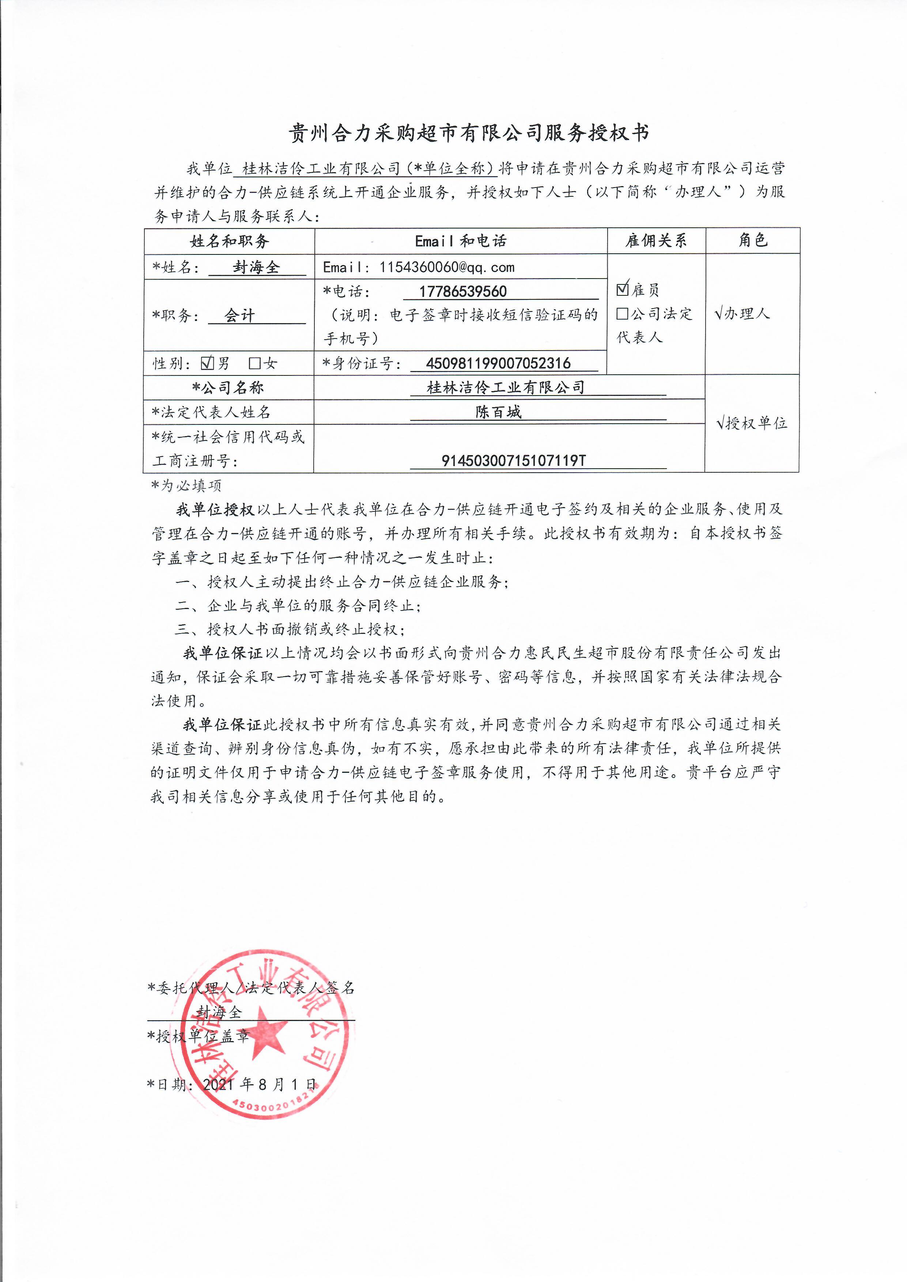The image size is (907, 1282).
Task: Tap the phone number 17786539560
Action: pyautogui.click(x=463, y=291)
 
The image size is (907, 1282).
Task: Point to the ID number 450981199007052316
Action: pyautogui.click(x=498, y=363)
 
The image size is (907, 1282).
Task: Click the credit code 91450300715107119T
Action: pyautogui.click(x=514, y=461)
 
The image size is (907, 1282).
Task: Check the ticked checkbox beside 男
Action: pyautogui.click(x=207, y=363)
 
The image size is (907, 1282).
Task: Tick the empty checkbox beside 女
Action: pyautogui.click(x=255, y=363)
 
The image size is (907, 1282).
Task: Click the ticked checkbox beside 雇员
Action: pyautogui.click(x=623, y=289)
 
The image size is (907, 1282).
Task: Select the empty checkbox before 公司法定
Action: pyautogui.click(x=622, y=314)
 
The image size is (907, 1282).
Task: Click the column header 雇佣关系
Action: pyautogui.click(x=656, y=241)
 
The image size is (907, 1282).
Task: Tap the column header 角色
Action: pyautogui.click(x=752, y=240)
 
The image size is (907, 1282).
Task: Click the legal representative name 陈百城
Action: pyautogui.click(x=498, y=412)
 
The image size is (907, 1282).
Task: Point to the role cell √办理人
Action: pyautogui.click(x=742, y=314)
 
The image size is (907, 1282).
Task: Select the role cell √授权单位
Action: pyautogui.click(x=752, y=423)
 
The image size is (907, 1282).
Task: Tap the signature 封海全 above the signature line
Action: pyautogui.click(x=219, y=1012)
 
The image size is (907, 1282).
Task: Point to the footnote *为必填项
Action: pyautogui.click(x=186, y=486)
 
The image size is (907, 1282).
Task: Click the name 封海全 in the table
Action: pyautogui.click(x=256, y=268)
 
